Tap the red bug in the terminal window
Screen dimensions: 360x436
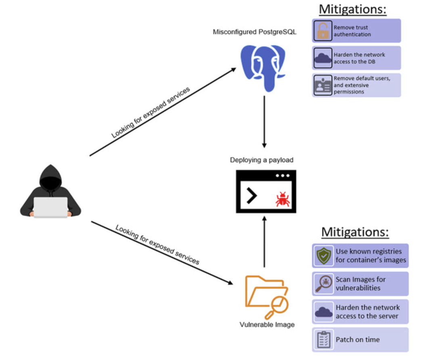(x=283, y=199)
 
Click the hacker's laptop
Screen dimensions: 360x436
(x=50, y=207)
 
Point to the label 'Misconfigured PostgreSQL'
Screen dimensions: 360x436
(x=254, y=32)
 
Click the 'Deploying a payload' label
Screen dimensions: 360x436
(x=262, y=160)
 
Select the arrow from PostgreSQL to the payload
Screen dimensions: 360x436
(x=264, y=121)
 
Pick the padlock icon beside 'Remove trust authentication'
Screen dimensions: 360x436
(x=323, y=31)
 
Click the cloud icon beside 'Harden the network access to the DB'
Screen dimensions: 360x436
(x=323, y=58)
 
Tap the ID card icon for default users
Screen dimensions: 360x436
(x=323, y=85)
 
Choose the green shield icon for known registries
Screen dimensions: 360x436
(x=323, y=256)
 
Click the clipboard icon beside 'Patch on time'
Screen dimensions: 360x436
(x=323, y=340)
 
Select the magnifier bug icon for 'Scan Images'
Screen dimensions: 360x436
(x=323, y=284)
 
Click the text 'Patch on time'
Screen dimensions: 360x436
(x=358, y=340)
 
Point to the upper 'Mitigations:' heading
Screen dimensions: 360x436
(x=353, y=9)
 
